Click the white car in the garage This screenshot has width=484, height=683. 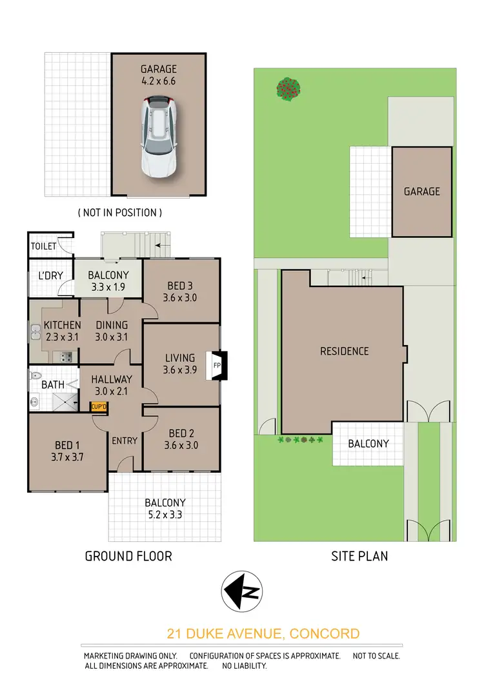coord(159,136)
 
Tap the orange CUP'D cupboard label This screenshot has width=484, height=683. coord(99,406)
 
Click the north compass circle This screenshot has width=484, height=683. coord(241,591)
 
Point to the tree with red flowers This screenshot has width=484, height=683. coord(289,89)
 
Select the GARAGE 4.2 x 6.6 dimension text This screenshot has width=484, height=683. coord(159,75)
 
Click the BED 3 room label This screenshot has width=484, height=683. coord(181,292)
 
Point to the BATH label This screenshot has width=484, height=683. coord(53,384)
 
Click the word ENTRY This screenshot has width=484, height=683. coord(125,440)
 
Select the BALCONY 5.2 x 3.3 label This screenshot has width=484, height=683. coord(165,509)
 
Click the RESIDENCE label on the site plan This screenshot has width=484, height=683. coord(345,351)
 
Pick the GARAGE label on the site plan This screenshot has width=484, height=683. coord(422,192)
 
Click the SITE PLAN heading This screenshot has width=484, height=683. coord(359,555)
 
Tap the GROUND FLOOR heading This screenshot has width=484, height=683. coord(128,555)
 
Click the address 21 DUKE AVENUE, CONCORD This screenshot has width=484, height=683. coord(263,633)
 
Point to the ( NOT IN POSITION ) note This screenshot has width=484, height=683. coord(119,212)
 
